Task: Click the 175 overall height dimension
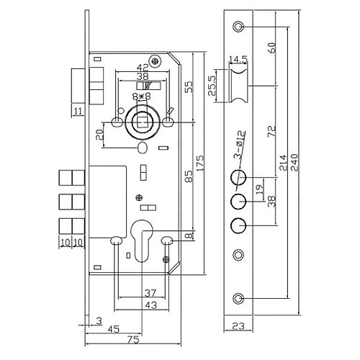[x=201, y=157]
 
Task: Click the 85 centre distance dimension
[x=188, y=174]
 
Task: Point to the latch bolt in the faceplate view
[x=238, y=87]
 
